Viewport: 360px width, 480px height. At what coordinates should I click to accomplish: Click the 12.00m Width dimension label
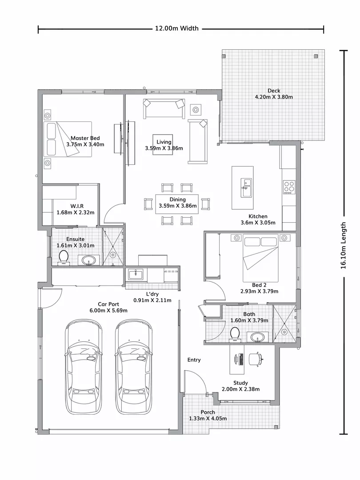[176, 28]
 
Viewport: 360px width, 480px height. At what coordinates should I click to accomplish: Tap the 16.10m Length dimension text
[343, 245]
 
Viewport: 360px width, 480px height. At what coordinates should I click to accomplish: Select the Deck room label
[274, 91]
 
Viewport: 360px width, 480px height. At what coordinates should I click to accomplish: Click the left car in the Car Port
[84, 367]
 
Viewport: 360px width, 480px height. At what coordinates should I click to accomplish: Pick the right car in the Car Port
[134, 367]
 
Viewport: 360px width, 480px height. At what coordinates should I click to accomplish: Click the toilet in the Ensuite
[64, 257]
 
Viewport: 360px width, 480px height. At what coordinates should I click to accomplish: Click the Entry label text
[194, 360]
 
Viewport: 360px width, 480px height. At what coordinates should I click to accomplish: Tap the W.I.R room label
[74, 206]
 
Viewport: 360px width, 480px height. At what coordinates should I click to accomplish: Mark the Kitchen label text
[258, 216]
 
